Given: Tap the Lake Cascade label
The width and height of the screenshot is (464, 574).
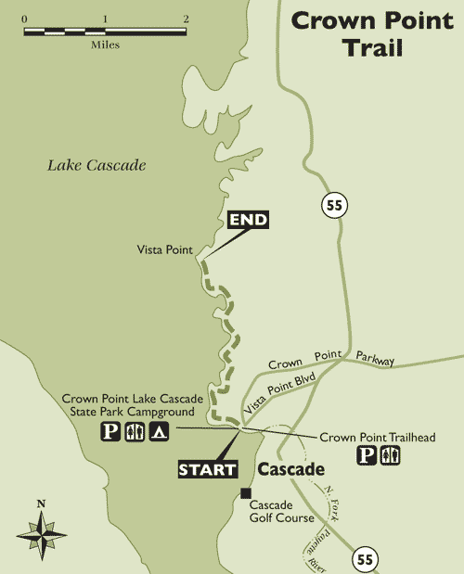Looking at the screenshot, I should coord(97,165).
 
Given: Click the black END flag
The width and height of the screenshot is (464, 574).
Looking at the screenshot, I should coord(248,220).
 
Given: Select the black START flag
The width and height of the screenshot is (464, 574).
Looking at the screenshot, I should coord(207,469).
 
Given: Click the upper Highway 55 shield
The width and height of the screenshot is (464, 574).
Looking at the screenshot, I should coord(334,206).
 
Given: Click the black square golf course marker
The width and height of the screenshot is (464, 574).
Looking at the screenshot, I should coord(246,492).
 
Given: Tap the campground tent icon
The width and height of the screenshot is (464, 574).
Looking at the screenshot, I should coord(159,431).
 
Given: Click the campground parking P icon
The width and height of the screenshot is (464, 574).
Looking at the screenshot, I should coord(110,431).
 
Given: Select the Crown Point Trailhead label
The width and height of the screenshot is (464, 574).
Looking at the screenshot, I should coord(376,436).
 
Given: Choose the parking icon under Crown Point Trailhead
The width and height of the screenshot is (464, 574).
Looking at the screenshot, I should coord(367,455).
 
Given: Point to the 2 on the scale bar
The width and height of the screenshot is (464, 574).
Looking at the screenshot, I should coord(187,19).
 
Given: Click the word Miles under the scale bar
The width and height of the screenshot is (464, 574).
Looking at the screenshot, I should coord(105,44).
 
